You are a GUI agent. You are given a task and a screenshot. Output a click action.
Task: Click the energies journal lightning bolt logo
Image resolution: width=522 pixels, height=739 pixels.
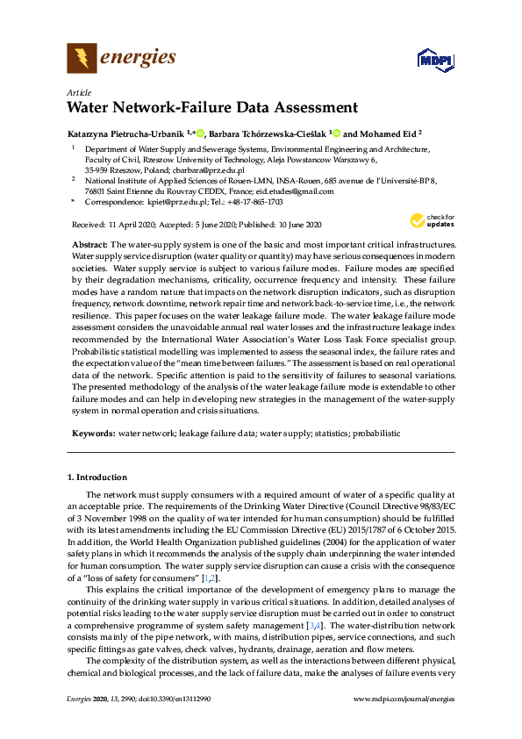click(82, 59)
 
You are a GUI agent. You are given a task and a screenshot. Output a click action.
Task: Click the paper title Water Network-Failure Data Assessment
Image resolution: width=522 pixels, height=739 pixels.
click(211, 109)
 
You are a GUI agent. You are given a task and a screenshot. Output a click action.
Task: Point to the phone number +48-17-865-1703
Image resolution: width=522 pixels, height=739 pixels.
click(254, 202)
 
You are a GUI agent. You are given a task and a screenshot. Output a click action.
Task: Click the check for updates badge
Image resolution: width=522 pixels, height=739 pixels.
click(432, 220)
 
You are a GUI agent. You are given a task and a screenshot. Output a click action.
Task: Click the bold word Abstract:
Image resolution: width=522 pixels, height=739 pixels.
click(88, 241)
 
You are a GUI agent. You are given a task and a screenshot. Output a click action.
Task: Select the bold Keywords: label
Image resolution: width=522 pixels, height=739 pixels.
click(91, 434)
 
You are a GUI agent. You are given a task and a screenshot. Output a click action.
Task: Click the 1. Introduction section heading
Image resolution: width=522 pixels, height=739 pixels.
click(97, 477)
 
